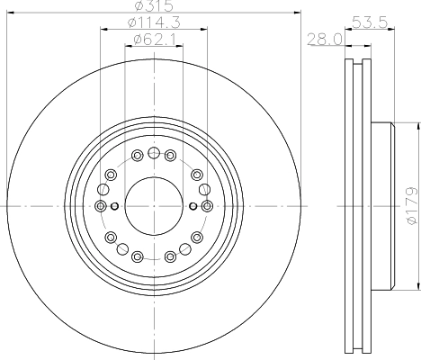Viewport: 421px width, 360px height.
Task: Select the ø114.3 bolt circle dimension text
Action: point(152,22)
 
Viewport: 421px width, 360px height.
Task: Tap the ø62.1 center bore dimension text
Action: point(152,39)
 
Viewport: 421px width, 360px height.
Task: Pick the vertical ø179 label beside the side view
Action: point(411,205)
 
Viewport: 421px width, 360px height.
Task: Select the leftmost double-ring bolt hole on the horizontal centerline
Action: point(99,206)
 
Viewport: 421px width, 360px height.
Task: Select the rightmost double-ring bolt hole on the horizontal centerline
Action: point(207,206)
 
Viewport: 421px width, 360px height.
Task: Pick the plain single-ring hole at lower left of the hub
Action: point(110,238)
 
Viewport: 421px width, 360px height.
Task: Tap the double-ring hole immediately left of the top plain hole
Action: point(137,157)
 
